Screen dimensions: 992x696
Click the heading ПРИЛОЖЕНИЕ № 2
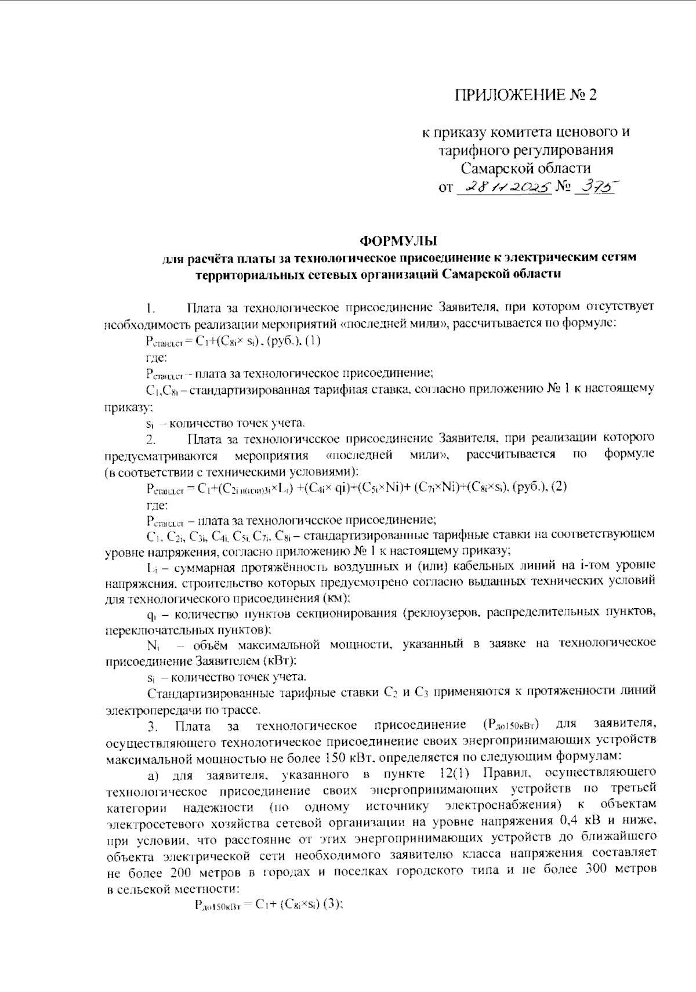pos(525,95)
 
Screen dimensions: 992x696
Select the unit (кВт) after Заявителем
pos(280,660)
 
